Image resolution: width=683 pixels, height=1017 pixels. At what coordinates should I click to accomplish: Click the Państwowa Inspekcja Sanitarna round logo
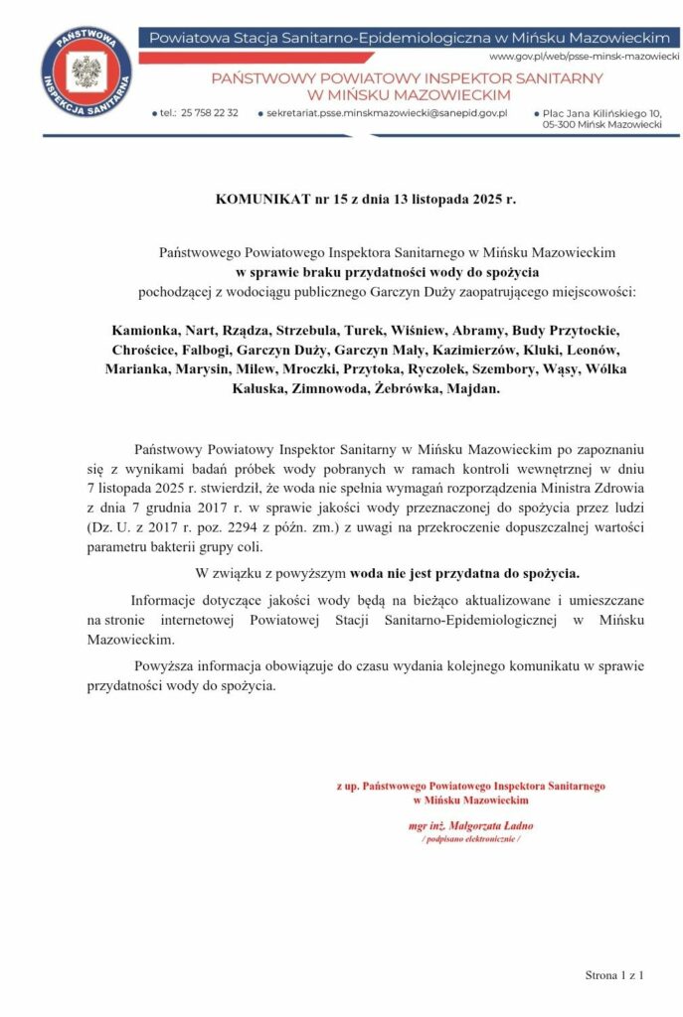(x=86, y=73)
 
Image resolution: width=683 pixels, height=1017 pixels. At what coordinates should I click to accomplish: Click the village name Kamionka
(x=144, y=332)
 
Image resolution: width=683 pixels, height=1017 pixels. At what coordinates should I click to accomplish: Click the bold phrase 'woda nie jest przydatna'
(x=415, y=574)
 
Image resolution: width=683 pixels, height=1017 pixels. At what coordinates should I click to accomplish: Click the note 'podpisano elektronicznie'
(x=471, y=839)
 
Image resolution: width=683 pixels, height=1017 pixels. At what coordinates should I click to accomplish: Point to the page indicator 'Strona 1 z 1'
(x=614, y=975)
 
